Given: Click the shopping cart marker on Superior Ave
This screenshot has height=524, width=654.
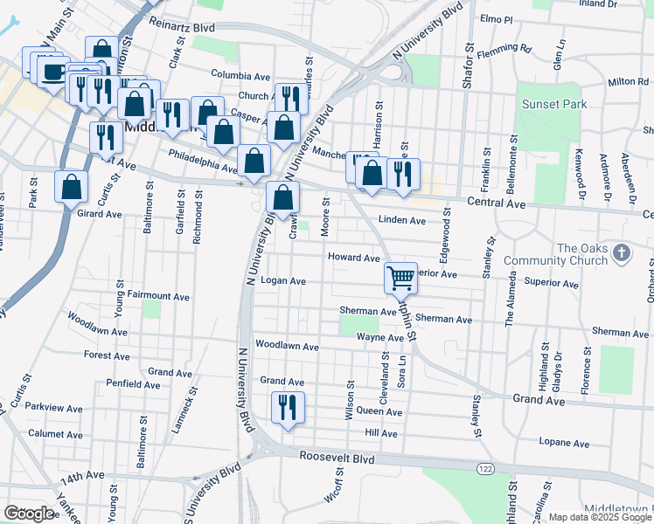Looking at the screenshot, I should point(400,278).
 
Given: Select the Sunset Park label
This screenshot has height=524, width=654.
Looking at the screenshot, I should point(553,104).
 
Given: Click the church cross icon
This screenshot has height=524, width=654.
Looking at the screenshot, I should point(621,253).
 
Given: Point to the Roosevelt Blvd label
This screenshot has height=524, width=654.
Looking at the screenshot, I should point(337,458).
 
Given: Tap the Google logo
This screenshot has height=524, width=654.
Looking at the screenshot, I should point(29,514).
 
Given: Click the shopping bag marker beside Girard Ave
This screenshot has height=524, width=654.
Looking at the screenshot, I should point(71,185).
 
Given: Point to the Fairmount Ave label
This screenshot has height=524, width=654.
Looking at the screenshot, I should point(158,297).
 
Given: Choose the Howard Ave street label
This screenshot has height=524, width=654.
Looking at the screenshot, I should point(353,258).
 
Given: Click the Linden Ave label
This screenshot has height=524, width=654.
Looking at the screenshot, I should point(401,220).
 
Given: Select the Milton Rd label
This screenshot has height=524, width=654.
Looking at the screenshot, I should point(627,81).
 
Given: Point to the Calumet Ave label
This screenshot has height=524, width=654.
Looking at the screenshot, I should point(55,433).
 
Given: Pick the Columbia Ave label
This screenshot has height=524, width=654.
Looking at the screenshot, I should point(240,77).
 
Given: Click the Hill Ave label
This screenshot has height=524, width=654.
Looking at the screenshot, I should point(381,433).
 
